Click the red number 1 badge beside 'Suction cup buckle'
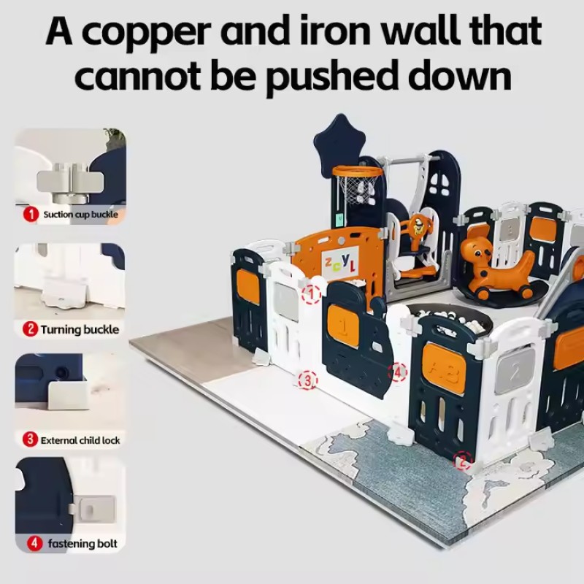point(31,214)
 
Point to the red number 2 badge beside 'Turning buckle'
point(30,329)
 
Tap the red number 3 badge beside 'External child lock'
point(30,439)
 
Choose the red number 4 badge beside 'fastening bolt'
point(34,543)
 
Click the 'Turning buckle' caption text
point(80,330)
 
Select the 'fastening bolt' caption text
point(82,544)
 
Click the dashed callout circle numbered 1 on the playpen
point(312,294)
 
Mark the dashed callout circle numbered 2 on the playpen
point(463,462)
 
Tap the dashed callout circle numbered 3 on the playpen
point(308,380)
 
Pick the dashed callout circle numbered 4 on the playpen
point(398,372)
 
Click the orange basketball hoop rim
point(358,172)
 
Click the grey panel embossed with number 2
point(515,371)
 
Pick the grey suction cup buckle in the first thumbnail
point(70,182)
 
